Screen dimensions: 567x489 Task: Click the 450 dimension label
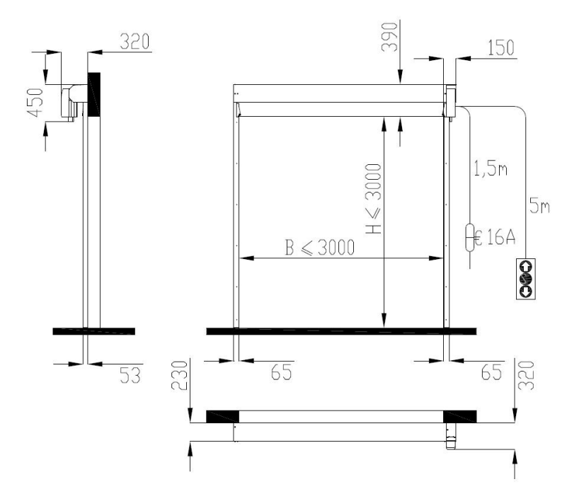pyautogui.click(x=36, y=103)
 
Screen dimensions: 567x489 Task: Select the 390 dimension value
pyautogui.click(x=390, y=37)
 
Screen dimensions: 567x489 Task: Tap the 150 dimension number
pyautogui.click(x=501, y=47)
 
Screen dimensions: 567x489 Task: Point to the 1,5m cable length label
pyautogui.click(x=491, y=169)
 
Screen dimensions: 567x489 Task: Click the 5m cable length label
pyautogui.click(x=539, y=205)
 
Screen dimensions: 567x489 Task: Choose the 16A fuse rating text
pyautogui.click(x=500, y=237)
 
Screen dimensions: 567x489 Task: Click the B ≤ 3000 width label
pyautogui.click(x=320, y=248)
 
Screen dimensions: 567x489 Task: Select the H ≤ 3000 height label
pyautogui.click(x=374, y=199)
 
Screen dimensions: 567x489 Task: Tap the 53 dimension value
pyautogui.click(x=130, y=375)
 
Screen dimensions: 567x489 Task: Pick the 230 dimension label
pyautogui.click(x=180, y=376)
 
